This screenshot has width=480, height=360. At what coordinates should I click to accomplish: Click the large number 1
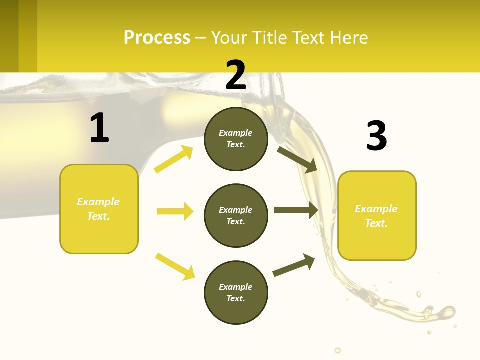click(99, 128)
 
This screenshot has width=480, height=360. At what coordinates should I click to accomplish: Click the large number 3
click(376, 136)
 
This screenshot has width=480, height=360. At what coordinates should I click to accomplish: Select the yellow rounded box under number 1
click(99, 209)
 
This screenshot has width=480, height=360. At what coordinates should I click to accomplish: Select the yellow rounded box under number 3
click(377, 216)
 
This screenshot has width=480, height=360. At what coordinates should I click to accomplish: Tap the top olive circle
click(236, 139)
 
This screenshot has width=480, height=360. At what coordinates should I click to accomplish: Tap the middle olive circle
click(236, 216)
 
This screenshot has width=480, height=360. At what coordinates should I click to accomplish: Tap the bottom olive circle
click(236, 293)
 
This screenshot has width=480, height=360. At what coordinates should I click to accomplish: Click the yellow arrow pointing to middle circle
click(175, 211)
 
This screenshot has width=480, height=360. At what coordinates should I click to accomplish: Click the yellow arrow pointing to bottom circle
click(175, 266)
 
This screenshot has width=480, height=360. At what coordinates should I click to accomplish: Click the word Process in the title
click(157, 37)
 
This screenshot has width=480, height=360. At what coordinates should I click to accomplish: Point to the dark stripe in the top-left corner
click(9, 36)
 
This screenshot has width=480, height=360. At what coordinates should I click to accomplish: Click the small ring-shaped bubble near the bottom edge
click(338, 350)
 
